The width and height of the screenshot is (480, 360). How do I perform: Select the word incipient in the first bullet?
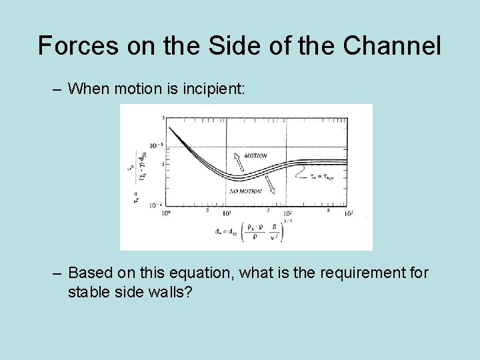click(x=211, y=88)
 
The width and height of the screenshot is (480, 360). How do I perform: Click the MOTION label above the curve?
click(x=255, y=155)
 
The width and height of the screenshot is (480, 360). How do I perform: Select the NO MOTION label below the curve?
click(x=246, y=191)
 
